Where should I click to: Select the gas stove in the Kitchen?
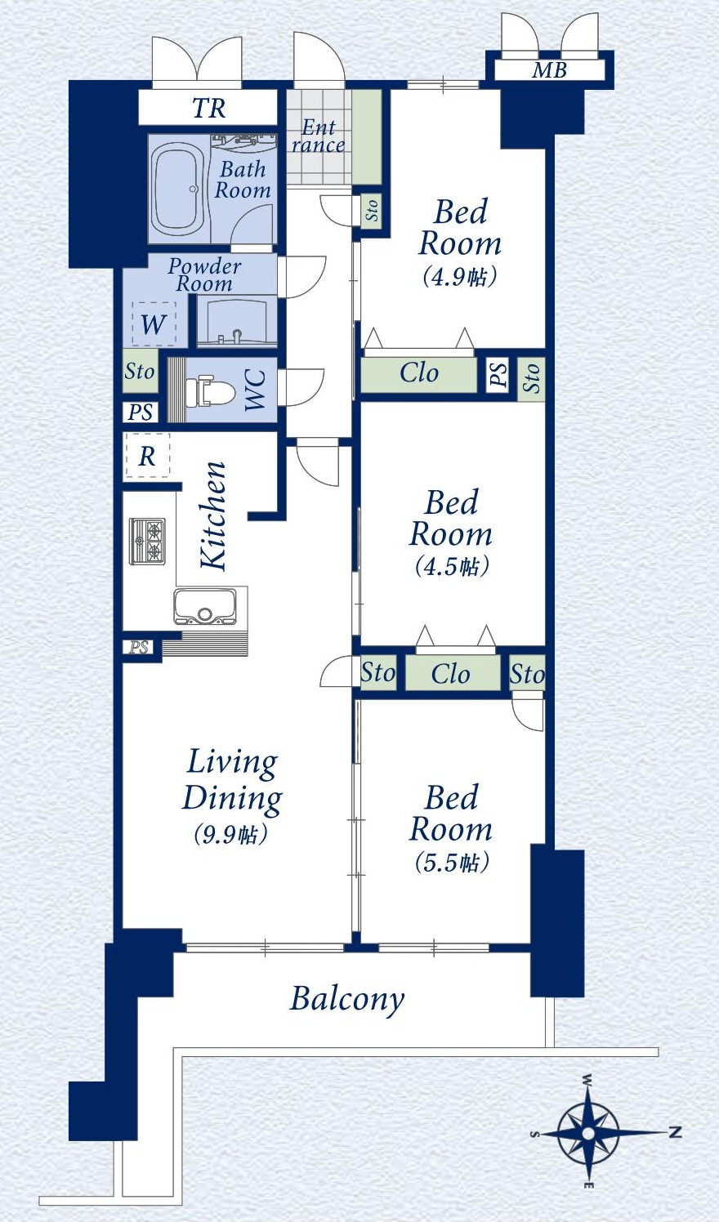pos(147,542)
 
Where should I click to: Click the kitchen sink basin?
pos(204,606)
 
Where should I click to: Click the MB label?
pos(549,70)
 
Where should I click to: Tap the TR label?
pos(208,108)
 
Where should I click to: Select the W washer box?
pos(154,324)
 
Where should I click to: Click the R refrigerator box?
pos(147,456)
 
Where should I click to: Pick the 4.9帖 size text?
pos(460,277)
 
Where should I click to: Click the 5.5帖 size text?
pos(452,863)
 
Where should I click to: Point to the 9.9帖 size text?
pos(230,834)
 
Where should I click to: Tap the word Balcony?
pos(347,1000)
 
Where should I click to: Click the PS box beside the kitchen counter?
pos(139,648)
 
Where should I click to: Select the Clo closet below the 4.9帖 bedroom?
pos(418,374)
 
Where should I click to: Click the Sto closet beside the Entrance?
pos(371,209)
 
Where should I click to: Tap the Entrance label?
pos(318,136)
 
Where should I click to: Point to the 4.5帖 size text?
pos(452,567)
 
